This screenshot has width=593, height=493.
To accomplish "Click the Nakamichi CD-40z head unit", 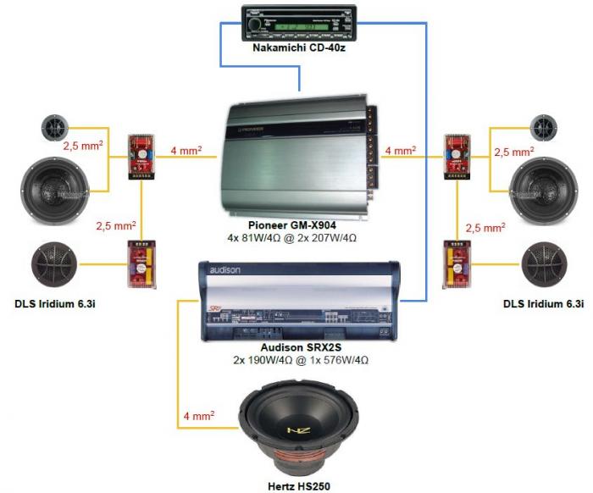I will click(298, 23).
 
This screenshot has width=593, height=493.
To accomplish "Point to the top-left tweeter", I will click(56, 129).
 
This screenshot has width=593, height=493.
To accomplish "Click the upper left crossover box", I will click(140, 157).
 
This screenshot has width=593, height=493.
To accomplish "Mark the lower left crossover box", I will click(140, 265).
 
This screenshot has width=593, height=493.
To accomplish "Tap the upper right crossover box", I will click(458, 155).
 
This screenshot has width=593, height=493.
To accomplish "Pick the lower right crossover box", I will click(456, 265).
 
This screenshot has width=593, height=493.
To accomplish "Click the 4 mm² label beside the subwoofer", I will click(198, 416).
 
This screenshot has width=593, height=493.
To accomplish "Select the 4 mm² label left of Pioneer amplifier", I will click(186, 151).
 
